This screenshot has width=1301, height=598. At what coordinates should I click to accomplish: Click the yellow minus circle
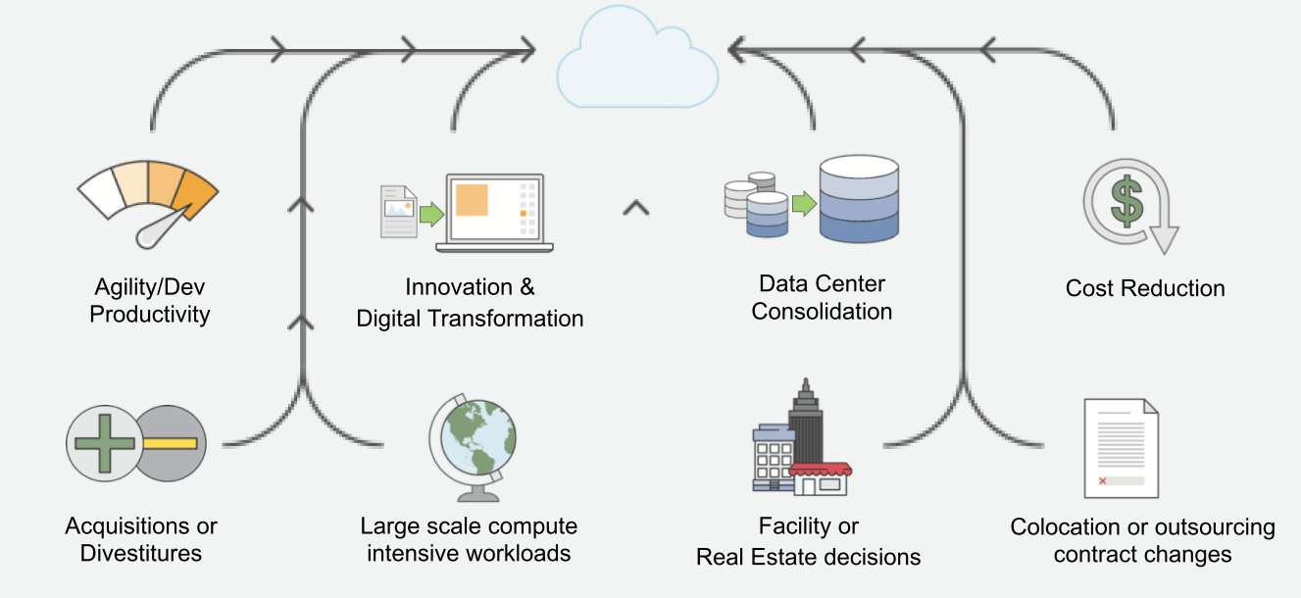[x=170, y=443]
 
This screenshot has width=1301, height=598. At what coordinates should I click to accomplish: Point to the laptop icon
[x=496, y=211]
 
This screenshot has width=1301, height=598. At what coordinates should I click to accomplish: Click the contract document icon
[x=1121, y=448]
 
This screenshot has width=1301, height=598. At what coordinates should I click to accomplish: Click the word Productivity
[x=150, y=315]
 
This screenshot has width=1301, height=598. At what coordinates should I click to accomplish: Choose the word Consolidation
[x=822, y=312]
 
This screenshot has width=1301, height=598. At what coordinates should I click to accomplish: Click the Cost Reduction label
[x=1145, y=288]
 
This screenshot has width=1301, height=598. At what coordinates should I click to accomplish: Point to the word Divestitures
[x=141, y=553]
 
